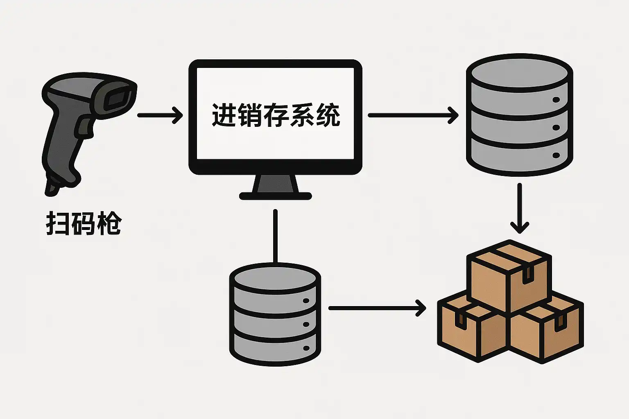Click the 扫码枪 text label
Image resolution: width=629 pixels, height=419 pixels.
point(84,223)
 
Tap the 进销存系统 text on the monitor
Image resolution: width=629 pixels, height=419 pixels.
point(276,115)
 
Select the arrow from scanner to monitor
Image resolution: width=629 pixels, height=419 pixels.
point(160,115)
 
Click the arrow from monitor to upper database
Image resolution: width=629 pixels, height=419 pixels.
point(413,115)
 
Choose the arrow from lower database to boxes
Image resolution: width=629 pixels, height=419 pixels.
point(377,308)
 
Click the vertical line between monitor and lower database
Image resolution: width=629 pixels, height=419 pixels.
point(275,237)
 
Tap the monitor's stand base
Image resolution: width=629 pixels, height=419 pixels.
point(275,196)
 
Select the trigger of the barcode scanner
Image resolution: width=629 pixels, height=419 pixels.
point(84,125)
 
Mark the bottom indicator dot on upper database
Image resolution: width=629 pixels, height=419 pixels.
point(556,155)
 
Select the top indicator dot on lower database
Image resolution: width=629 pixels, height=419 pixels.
point(305,301)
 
